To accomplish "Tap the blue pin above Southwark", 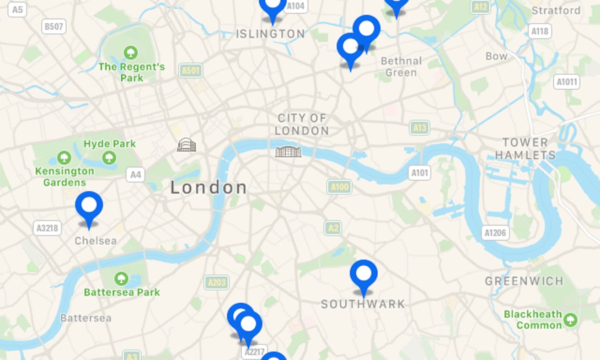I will click(x=364, y=274).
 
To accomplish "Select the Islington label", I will click(x=270, y=34).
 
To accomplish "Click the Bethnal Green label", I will click(x=401, y=67).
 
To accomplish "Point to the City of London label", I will click(x=302, y=124).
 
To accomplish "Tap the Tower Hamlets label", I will click(x=525, y=149).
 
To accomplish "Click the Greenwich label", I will click(x=524, y=281).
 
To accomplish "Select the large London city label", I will click(x=209, y=188).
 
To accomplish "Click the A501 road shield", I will click(x=191, y=70).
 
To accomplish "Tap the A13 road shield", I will click(x=419, y=128).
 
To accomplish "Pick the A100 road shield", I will click(x=339, y=187).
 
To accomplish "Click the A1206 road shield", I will click(x=495, y=233).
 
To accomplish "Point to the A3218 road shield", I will click(x=47, y=228).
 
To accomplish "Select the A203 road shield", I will click(x=216, y=282).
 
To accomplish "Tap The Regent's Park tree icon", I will click(x=131, y=52).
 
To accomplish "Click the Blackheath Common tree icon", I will click(x=570, y=320).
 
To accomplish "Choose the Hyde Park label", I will click(x=110, y=144).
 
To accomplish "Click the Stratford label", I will click(x=556, y=11).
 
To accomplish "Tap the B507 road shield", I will click(x=54, y=27).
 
